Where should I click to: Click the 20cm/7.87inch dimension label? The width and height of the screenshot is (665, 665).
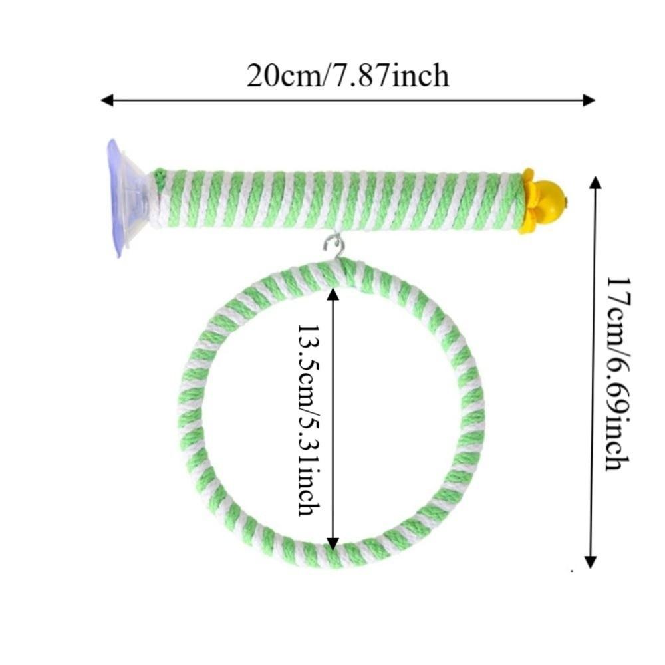pyautogui.click(x=347, y=76)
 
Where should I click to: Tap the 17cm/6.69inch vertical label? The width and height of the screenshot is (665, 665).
pyautogui.click(x=618, y=374)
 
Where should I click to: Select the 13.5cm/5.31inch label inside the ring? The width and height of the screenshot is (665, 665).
pyautogui.click(x=309, y=420)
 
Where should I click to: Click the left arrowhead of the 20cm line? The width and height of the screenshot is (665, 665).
pyautogui.click(x=107, y=100)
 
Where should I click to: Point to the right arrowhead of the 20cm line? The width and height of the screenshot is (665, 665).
pyautogui.click(x=589, y=100)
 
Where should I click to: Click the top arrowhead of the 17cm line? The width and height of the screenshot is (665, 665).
pyautogui.click(x=595, y=183)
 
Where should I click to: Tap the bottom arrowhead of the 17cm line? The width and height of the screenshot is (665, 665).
pyautogui.click(x=591, y=561)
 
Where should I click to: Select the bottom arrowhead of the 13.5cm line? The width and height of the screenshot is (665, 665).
pyautogui.click(x=333, y=543)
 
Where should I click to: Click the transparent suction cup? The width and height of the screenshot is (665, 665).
pyautogui.click(x=126, y=198)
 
